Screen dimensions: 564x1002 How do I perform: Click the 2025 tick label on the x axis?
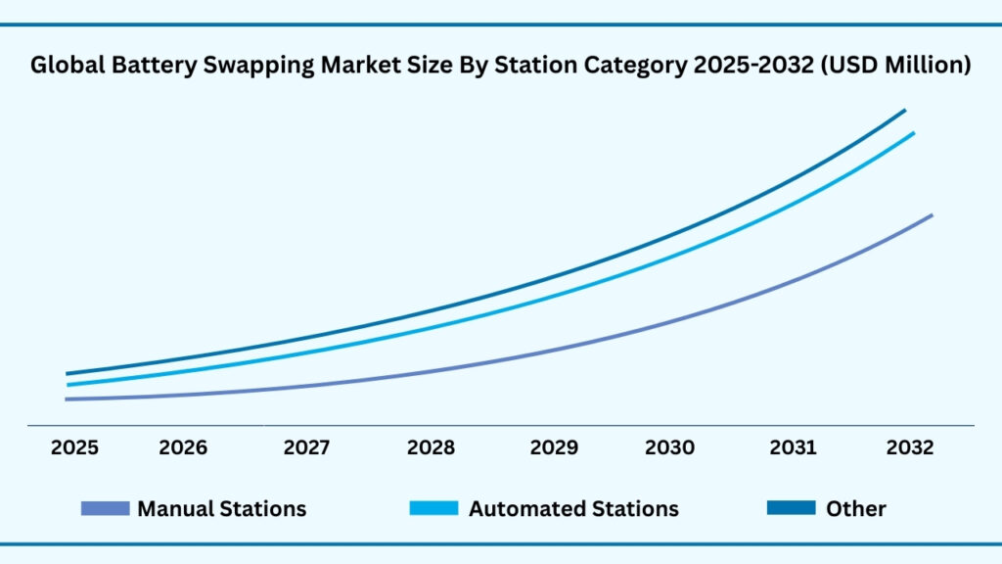tap(74, 447)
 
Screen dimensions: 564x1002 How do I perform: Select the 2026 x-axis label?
tap(183, 447)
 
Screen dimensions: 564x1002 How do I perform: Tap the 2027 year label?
tap(306, 447)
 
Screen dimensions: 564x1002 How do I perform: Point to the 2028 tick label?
tap(431, 447)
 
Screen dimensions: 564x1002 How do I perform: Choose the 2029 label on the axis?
tap(554, 447)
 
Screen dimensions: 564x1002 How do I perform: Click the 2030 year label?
tap(669, 447)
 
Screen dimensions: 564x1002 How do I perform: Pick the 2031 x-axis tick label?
tap(793, 447)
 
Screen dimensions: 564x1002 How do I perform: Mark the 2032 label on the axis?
tap(910, 447)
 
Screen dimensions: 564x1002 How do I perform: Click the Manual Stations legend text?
tap(221, 509)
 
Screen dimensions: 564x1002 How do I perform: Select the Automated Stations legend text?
tap(573, 509)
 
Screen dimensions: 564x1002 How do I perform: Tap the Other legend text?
tap(855, 509)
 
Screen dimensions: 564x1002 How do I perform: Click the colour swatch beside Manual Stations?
tap(105, 508)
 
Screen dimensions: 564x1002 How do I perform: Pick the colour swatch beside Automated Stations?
tap(433, 508)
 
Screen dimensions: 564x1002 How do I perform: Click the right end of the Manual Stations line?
tap(931, 215)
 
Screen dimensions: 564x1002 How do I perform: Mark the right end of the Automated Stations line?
tap(913, 133)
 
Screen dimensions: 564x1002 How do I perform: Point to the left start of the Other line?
tap(68, 373)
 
